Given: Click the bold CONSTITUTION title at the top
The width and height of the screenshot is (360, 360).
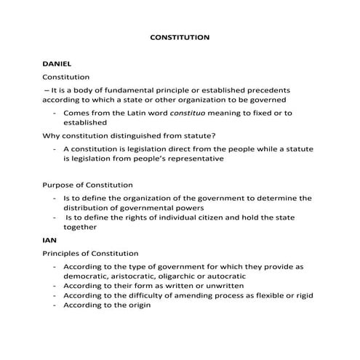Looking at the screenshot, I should tap(180, 36).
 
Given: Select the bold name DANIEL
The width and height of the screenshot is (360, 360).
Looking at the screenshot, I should tap(57, 64).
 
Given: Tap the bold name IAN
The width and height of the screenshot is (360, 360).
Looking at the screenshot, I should tap(49, 239).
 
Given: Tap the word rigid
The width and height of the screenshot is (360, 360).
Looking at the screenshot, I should tap(303, 296).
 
